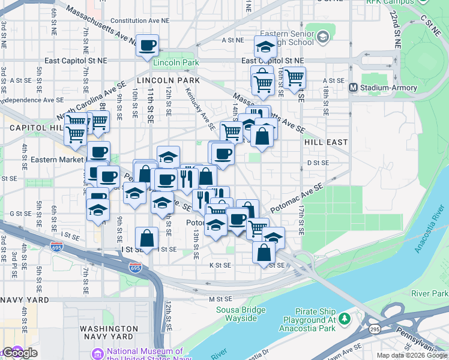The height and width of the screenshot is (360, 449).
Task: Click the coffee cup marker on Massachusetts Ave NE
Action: click(x=147, y=46)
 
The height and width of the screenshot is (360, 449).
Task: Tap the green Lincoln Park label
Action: click(x=176, y=62)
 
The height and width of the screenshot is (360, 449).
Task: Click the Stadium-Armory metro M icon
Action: click(x=353, y=88)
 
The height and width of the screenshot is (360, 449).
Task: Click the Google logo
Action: click(x=20, y=353)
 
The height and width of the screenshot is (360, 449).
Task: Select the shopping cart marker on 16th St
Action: click(x=294, y=77)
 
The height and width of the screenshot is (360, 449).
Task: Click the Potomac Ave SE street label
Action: click(x=297, y=197)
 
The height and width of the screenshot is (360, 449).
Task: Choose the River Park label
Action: click(x=429, y=293)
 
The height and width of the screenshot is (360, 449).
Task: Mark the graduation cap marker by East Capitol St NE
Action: click(x=264, y=47)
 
